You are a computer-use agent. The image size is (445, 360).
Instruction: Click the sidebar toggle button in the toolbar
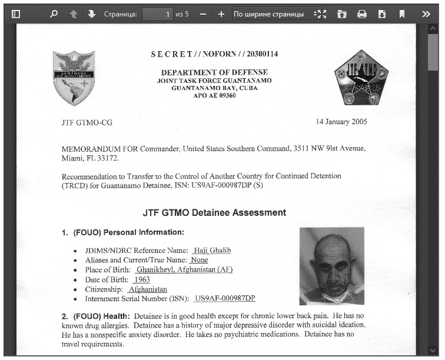click(16, 14)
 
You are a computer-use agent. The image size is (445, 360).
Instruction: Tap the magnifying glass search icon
click(54, 14)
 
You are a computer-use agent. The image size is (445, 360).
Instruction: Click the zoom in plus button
click(221, 14)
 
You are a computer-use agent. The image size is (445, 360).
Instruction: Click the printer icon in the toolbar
click(361, 14)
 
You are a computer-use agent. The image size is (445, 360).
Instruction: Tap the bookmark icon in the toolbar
click(402, 14)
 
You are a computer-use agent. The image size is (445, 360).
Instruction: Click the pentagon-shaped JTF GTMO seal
click(353, 76)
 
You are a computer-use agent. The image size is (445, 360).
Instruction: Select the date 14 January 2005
click(341, 122)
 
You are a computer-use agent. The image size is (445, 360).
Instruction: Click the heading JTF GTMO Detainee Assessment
click(214, 212)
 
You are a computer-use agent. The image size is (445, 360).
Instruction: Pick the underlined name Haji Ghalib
click(212, 250)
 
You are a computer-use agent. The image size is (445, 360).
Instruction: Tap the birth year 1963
click(142, 279)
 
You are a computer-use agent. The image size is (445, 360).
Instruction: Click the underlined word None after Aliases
click(200, 260)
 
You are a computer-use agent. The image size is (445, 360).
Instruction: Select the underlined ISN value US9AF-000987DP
click(225, 299)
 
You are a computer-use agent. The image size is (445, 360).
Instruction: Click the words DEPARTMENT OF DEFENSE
click(214, 72)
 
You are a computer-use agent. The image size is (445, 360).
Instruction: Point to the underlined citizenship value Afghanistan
click(148, 289)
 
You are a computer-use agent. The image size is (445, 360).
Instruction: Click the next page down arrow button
click(91, 14)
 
